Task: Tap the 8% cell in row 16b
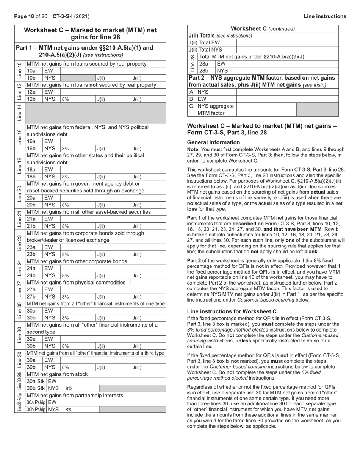(78, 149)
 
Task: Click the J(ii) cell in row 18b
(113, 177)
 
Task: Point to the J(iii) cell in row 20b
(148, 205)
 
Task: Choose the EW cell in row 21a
(52, 219)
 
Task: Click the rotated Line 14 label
(20, 113)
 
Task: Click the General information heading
(213, 142)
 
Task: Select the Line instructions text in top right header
(325, 16)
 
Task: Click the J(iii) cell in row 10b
(148, 78)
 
